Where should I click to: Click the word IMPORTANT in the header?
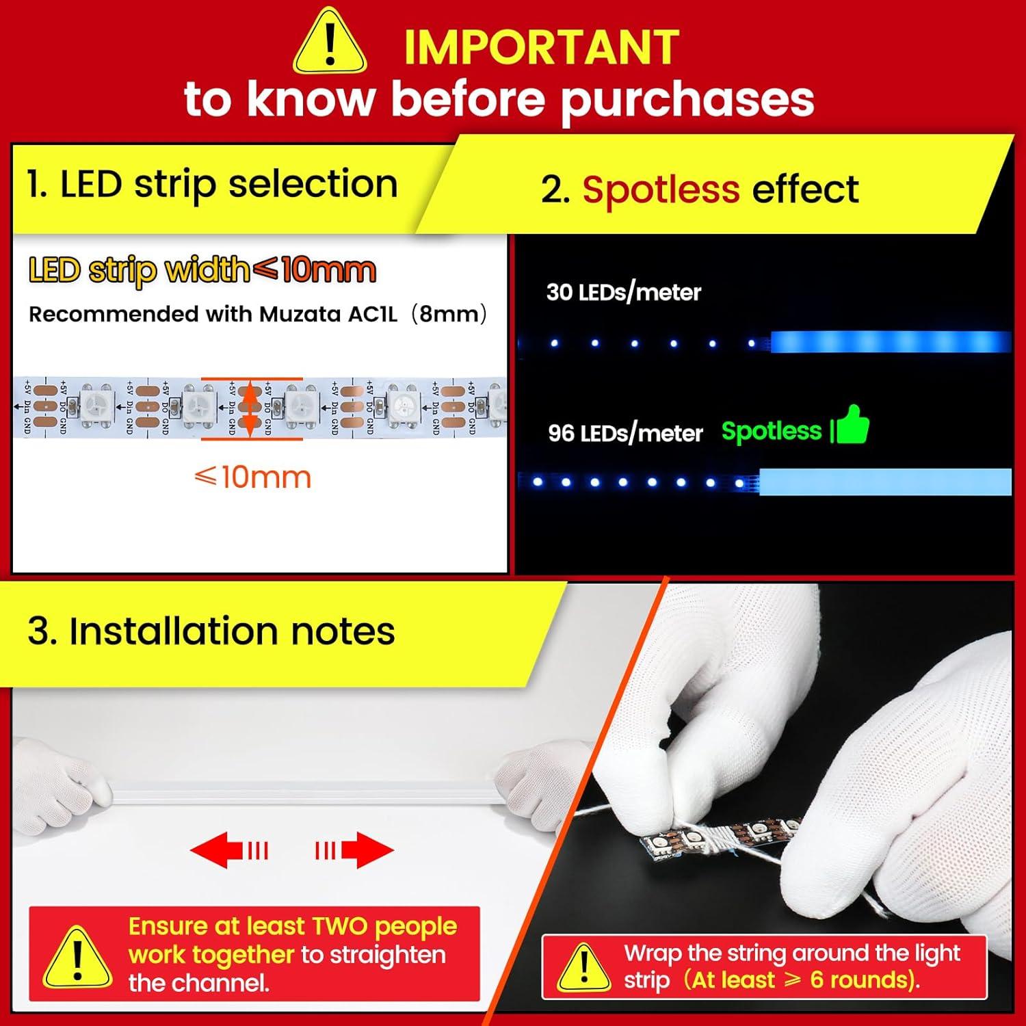(x=540, y=48)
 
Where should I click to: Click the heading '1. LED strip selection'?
(x=212, y=185)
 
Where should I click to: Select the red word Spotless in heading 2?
(x=661, y=189)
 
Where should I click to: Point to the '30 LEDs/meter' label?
(x=623, y=293)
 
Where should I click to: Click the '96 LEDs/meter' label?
(x=625, y=433)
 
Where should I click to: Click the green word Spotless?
(x=771, y=431)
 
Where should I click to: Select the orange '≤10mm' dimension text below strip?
(x=252, y=477)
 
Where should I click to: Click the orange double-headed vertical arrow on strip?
(x=251, y=408)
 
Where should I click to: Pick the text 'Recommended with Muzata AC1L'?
(x=213, y=314)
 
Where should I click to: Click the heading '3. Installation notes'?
(x=211, y=631)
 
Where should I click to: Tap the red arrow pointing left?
(x=228, y=851)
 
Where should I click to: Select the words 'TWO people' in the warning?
(x=384, y=926)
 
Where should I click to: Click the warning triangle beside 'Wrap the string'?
(x=583, y=967)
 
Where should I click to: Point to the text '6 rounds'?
(x=861, y=980)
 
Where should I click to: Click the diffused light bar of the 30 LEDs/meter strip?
(x=889, y=341)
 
